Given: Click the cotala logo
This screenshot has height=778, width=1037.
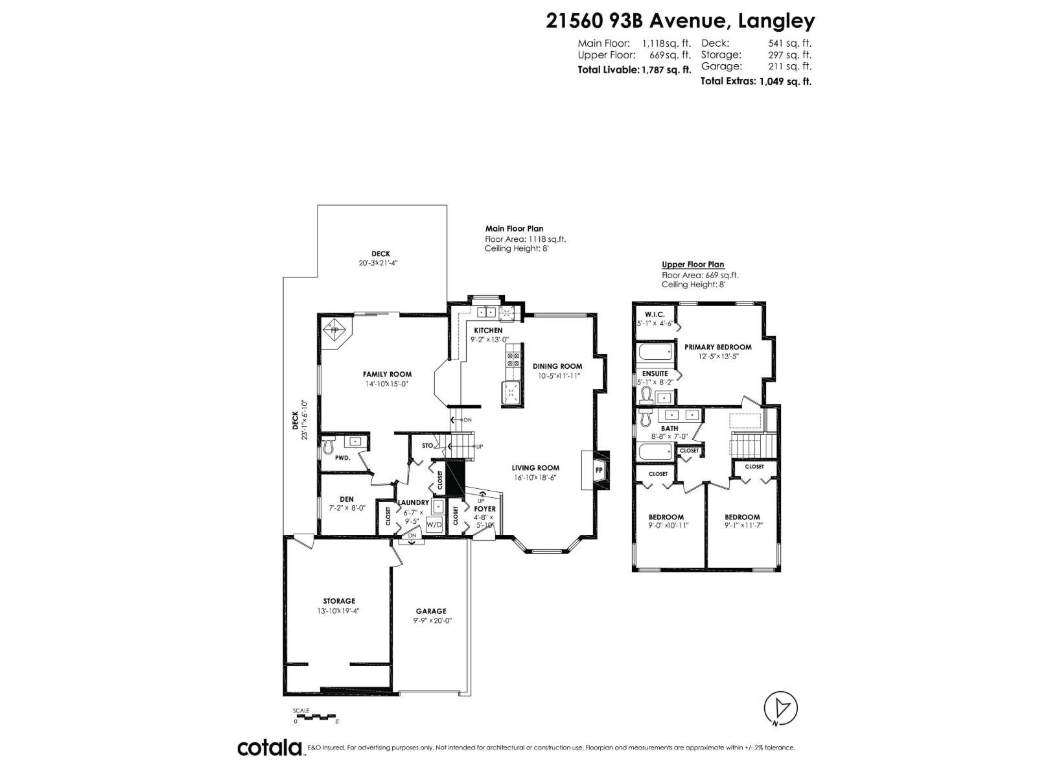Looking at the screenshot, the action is [x=270, y=748].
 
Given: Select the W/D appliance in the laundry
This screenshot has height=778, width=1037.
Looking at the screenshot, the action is [x=434, y=525].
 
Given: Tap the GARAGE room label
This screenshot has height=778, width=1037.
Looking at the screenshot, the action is [x=431, y=611].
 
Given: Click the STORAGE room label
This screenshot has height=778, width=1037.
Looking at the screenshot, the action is [x=339, y=601].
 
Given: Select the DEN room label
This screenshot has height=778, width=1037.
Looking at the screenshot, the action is [x=346, y=499].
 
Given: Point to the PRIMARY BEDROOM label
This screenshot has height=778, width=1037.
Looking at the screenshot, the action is [x=717, y=347].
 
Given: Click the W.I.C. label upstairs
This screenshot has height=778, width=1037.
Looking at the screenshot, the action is [x=655, y=314].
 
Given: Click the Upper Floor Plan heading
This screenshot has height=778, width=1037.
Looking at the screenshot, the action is [x=693, y=265].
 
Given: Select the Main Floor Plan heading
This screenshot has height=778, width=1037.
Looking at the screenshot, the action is [x=514, y=229].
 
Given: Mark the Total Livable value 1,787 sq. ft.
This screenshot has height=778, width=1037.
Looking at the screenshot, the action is [x=665, y=70].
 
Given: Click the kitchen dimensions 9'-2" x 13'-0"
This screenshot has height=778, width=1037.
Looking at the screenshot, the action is [x=489, y=340].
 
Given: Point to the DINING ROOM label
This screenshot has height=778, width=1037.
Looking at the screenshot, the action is [x=557, y=366].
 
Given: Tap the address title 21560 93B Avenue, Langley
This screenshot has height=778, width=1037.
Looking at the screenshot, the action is [x=681, y=21].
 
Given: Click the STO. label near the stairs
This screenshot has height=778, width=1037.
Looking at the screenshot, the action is [x=428, y=445].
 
